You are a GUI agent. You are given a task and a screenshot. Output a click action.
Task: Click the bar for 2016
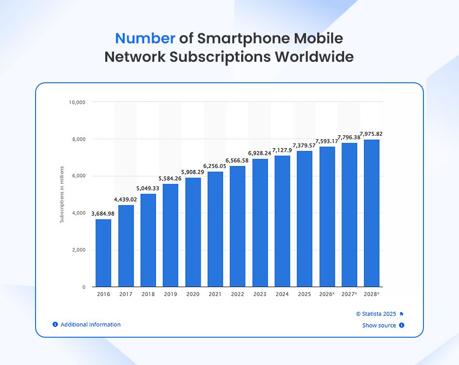point(103,253)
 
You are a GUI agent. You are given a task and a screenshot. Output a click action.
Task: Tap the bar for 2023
point(260,223)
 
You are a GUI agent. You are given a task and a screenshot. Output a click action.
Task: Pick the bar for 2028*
point(372,213)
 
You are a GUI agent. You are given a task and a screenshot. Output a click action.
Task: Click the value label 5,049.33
point(148,188)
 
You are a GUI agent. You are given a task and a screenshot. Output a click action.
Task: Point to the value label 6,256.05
point(215,166)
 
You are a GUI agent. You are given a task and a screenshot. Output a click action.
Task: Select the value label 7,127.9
point(283,150)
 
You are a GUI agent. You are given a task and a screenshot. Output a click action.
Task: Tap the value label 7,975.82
point(371,134)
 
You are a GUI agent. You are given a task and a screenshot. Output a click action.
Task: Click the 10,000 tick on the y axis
point(77,102)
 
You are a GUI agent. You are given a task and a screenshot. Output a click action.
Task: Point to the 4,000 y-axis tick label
point(79,213)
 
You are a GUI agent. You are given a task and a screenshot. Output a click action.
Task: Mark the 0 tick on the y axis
point(84,287)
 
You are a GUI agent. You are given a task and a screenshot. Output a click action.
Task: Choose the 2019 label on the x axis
point(171,294)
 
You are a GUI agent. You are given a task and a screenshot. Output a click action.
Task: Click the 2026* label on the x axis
point(327,294)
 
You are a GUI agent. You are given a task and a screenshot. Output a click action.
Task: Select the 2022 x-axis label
point(238,294)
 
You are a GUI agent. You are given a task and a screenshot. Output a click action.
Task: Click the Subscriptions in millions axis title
point(62,195)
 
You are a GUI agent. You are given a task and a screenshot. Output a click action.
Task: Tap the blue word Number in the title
point(145,38)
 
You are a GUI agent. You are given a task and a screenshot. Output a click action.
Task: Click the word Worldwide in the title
point(314,57)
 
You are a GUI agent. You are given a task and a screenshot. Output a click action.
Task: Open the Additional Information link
point(90,325)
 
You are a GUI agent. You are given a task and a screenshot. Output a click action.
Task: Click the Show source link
point(379,326)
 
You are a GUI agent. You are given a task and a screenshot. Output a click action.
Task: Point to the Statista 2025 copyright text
point(376,314)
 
